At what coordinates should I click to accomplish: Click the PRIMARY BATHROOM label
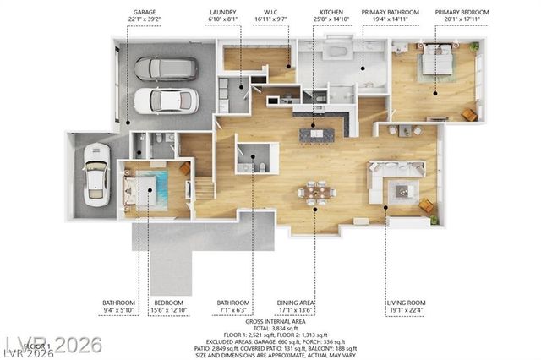pyautogui.click(x=391, y=13)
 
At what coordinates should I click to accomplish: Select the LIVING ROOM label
pyautogui.click(x=407, y=303)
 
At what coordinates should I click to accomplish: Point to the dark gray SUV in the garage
pyautogui.click(x=166, y=68)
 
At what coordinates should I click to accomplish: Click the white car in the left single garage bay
pyautogui.click(x=96, y=172)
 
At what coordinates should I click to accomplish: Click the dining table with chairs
pyautogui.click(x=316, y=192)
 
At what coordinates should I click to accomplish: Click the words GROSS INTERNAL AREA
pyautogui.click(x=276, y=322)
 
